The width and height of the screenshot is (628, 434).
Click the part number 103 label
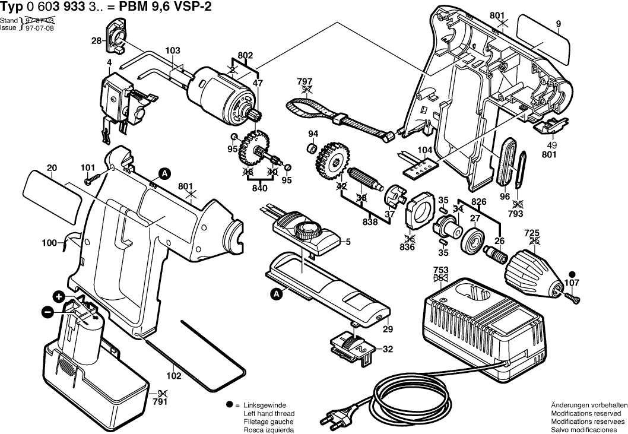click(172, 51)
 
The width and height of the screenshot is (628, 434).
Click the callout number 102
click(173, 376)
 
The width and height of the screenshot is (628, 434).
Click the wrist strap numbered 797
click(332, 116)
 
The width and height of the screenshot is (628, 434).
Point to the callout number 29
click(388, 330)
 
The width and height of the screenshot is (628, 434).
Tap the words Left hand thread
click(269, 413)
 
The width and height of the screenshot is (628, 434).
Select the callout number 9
click(558, 24)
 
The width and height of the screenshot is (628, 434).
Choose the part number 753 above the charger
click(440, 270)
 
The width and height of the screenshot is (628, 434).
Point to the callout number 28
click(96, 40)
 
